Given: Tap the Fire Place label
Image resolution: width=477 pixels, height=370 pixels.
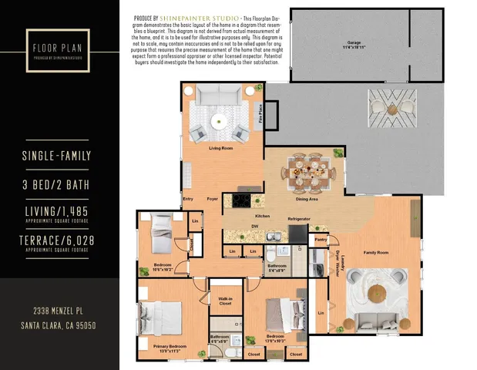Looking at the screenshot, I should pyautogui.click(x=261, y=114).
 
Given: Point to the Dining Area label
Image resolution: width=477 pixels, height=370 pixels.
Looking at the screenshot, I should pyautogui.click(x=307, y=199).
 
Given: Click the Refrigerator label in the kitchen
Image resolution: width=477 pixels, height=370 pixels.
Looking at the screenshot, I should pyautogui.click(x=299, y=219).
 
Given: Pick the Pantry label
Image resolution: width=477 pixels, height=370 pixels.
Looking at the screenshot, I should pyautogui.click(x=321, y=240).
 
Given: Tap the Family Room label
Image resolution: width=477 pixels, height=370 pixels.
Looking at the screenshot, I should pyautogui.click(x=376, y=253).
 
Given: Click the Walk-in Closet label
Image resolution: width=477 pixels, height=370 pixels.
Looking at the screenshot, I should pyautogui.click(x=226, y=301).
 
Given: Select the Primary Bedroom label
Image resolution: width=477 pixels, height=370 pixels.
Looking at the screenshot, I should pyautogui.click(x=170, y=348).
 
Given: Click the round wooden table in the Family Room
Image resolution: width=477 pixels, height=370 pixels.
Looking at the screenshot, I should pyautogui.click(x=378, y=293).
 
